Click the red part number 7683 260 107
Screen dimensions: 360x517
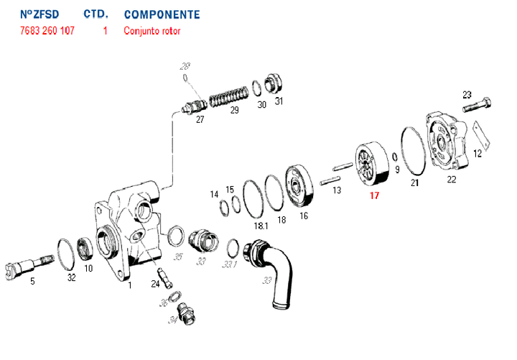pos(47,31)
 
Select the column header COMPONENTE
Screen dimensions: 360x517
pos(162,14)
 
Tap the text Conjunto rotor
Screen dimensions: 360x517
pos(152,31)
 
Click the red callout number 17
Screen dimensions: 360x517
pos(373,195)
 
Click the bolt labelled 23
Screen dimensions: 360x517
pos(477,108)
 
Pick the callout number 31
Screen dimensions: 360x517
pos(279,101)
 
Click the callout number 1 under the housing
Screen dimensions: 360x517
pos(130,285)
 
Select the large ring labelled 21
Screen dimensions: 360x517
pos(413,152)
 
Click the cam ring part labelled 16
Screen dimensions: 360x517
pos(298,188)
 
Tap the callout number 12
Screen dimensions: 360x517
pos(478,153)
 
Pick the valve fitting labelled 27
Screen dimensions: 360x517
pos(191,107)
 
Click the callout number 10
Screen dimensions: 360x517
pos(88,269)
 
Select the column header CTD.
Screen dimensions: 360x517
pos(96,14)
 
